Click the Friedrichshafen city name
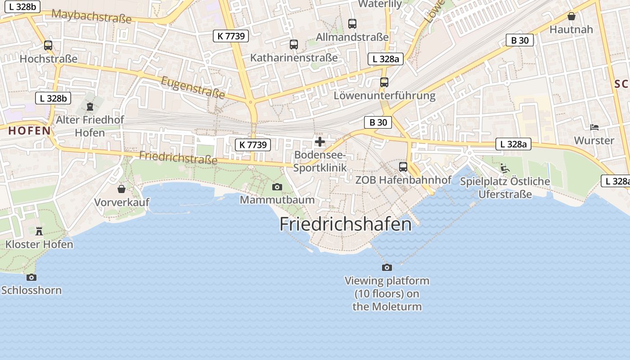[x=345, y=224]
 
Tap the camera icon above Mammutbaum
[x=277, y=187]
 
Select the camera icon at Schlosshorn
[x=31, y=277]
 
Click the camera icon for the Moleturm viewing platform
[x=387, y=268]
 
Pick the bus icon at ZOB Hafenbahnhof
[x=403, y=167]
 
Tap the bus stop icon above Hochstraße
[x=48, y=45]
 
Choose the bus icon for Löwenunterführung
[x=384, y=82]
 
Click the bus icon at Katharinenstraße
[x=294, y=45]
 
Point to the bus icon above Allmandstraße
[x=352, y=24]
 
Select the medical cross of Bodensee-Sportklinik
[x=320, y=142]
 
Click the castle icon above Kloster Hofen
[x=39, y=231]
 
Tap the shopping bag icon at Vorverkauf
[x=121, y=189]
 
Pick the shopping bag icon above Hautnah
[x=571, y=16]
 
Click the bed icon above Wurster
[x=594, y=127]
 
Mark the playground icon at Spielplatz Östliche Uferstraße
[x=505, y=168]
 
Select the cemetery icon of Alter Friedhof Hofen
[x=90, y=107]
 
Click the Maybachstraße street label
[x=91, y=16]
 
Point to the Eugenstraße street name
[x=193, y=87]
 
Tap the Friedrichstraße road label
[x=178, y=157]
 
